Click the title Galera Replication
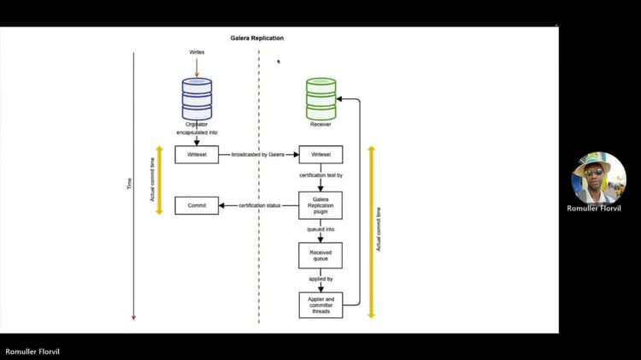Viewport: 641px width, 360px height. [x=257, y=38]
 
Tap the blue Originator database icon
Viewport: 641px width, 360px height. [x=197, y=98]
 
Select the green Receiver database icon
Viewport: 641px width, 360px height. [x=321, y=98]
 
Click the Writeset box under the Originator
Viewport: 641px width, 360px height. [x=197, y=155]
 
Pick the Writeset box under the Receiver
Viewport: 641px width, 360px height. [x=320, y=155]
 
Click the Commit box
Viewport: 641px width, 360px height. [x=197, y=205]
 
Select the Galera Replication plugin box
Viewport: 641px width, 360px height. [x=320, y=205]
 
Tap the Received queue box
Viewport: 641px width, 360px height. [x=320, y=255]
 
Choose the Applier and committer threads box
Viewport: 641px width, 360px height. [x=320, y=305]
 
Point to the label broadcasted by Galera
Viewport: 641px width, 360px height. [x=257, y=155]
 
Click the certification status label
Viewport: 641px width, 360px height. [x=260, y=205]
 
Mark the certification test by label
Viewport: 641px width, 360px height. [x=320, y=175]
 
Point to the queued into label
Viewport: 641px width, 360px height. [x=320, y=229]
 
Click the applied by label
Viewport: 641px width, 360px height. [x=320, y=279]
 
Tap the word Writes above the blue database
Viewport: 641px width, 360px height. [x=197, y=53]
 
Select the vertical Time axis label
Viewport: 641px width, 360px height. [x=130, y=184]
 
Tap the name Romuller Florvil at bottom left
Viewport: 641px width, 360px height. [x=33, y=351]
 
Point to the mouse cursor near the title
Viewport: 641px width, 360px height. [x=279, y=62]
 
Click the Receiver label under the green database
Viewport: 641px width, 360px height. [x=320, y=125]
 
